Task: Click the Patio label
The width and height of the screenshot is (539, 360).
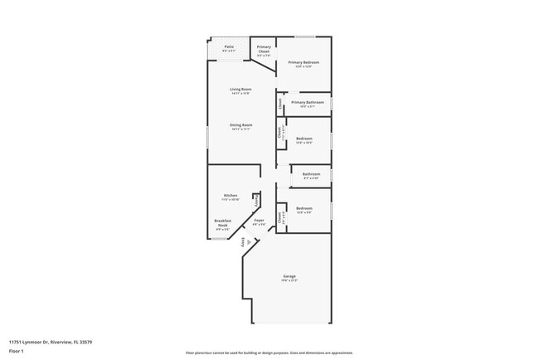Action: pyautogui.click(x=229, y=47)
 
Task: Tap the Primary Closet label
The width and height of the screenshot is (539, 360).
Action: pyautogui.click(x=264, y=49)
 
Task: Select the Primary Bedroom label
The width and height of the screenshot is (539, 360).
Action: pyautogui.click(x=303, y=62)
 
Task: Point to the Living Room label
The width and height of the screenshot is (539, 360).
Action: pyautogui.click(x=240, y=89)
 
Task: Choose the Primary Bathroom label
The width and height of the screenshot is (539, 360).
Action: pyautogui.click(x=307, y=102)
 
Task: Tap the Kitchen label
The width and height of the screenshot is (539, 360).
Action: pyautogui.click(x=231, y=196)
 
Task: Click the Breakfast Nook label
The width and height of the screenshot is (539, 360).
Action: pyautogui.click(x=222, y=222)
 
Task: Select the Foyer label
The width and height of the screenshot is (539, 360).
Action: pyautogui.click(x=259, y=220)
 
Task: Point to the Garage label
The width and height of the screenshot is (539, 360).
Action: pyautogui.click(x=289, y=276)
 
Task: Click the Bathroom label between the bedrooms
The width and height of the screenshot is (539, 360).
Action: pyautogui.click(x=311, y=174)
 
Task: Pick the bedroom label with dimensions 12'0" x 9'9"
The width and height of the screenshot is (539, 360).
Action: pyautogui.click(x=304, y=208)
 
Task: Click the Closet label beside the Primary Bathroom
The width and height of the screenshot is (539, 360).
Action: pyautogui.click(x=280, y=103)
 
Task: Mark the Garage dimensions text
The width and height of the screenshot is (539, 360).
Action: pyautogui.click(x=289, y=281)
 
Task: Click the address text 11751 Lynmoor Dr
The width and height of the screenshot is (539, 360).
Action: pyautogui.click(x=50, y=342)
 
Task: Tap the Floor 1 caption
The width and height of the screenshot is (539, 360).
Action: pyautogui.click(x=17, y=352)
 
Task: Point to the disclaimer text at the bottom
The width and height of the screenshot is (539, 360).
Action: pyautogui.click(x=269, y=353)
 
